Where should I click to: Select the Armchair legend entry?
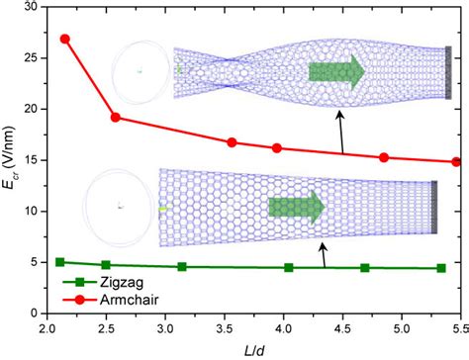tap(106, 298)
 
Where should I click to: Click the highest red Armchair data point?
tap(65, 39)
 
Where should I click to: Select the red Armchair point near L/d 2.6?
tap(116, 117)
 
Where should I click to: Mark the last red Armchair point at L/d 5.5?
tap(456, 161)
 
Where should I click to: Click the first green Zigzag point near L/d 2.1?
tap(60, 262)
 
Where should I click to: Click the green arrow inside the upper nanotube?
tap(337, 73)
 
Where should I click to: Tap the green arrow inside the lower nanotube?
tap(297, 207)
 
